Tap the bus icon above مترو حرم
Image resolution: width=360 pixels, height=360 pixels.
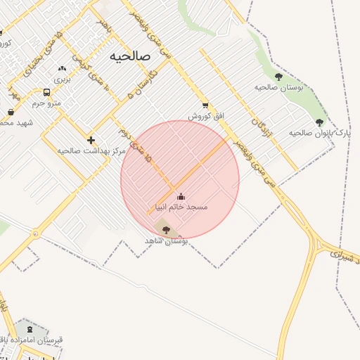[46, 92]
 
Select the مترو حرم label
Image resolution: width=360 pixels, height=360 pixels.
[47, 103]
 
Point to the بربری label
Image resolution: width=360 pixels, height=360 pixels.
[63, 79]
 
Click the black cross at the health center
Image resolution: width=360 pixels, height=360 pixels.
[91, 140]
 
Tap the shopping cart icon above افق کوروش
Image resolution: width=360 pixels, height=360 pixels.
[205, 105]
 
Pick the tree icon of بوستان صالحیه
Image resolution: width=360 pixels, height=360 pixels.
[278, 77]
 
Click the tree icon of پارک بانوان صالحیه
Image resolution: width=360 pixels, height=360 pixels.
[319, 122]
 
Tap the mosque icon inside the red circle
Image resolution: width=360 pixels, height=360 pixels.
[181, 196]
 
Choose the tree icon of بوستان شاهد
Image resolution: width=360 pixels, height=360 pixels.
[166, 230]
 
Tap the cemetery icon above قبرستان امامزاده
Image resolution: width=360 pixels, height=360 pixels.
[29, 329]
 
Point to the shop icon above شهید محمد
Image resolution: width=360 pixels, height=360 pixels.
[11, 112]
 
